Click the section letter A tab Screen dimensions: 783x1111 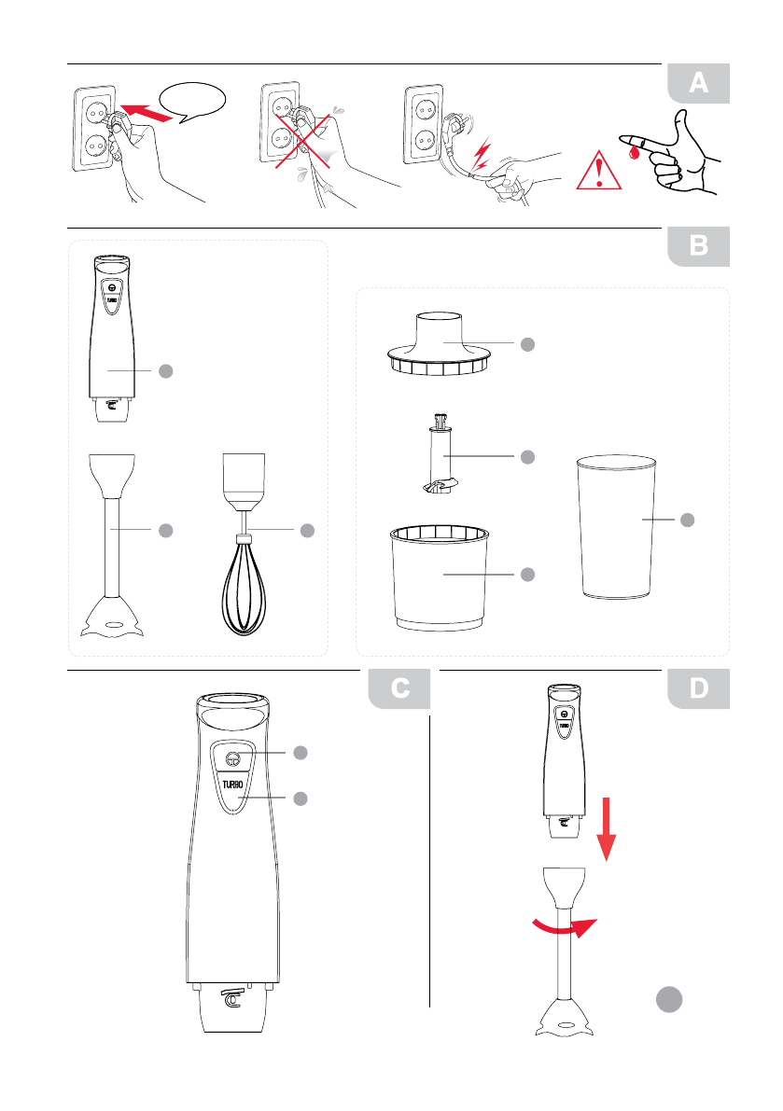[x=699, y=84]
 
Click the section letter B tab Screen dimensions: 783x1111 [x=699, y=246]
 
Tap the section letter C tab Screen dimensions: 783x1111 [x=399, y=688]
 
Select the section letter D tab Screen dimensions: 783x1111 [x=699, y=688]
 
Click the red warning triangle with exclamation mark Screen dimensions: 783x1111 [x=599, y=173]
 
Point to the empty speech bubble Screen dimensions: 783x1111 [x=193, y=103]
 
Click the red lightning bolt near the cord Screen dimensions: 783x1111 [x=482, y=155]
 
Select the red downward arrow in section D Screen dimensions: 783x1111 [x=606, y=829]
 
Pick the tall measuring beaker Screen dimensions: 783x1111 [x=616, y=527]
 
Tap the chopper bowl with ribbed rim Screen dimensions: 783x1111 [x=440, y=577]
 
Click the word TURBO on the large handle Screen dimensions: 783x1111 [x=232, y=785]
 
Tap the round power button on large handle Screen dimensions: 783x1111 [x=233, y=759]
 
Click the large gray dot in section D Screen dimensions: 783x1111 [x=669, y=999]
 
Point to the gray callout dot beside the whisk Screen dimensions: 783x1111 [x=307, y=530]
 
